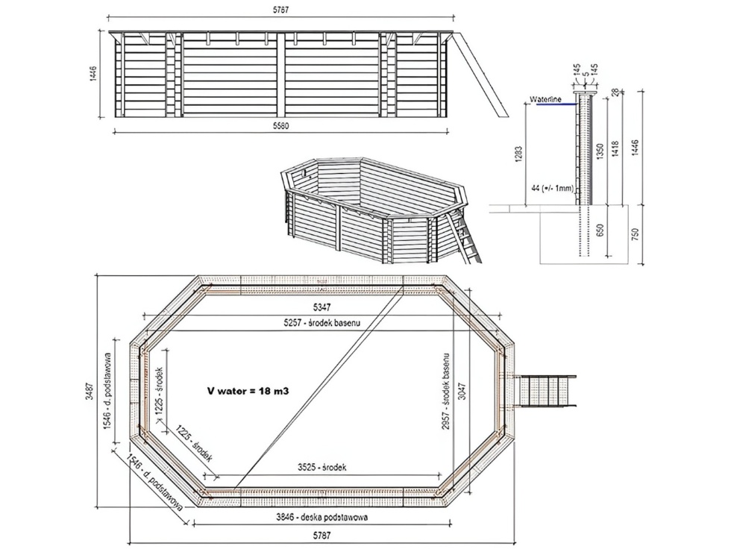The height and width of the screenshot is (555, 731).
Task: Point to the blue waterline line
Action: tap(556, 104)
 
